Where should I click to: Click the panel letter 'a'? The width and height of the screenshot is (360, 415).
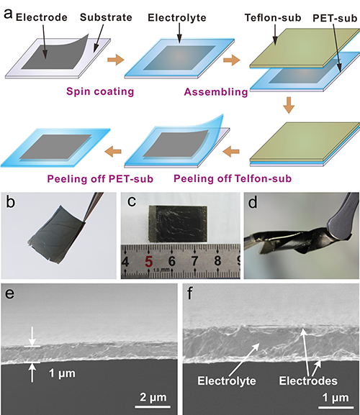[x=8, y=14]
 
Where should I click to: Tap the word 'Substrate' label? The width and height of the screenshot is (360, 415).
[x=106, y=17]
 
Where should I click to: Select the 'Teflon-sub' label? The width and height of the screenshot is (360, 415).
[x=273, y=18]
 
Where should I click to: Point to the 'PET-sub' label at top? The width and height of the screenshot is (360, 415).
[x=335, y=18]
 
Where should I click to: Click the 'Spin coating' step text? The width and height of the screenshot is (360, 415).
[x=100, y=91]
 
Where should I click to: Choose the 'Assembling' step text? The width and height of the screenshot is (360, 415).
[x=216, y=92]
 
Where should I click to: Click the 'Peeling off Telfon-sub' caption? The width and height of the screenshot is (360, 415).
[x=233, y=178]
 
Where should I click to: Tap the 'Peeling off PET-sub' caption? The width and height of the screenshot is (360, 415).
[x=100, y=179]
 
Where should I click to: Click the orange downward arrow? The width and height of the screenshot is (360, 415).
[x=289, y=105]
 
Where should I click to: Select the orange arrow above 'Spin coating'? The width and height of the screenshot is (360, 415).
[x=115, y=60]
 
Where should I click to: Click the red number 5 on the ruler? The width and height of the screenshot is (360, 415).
[x=149, y=262]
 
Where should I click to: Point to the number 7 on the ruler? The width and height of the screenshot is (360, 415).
[x=194, y=261]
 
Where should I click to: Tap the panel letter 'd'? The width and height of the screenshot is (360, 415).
[x=253, y=203]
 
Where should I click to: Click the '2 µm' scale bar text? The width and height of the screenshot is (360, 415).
[x=153, y=397]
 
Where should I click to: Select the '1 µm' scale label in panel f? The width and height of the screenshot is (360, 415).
[x=336, y=398]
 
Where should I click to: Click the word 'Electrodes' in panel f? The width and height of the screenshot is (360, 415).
[x=308, y=381]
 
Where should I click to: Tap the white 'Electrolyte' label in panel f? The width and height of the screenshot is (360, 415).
[x=227, y=381]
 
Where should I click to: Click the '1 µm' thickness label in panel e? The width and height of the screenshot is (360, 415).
[x=62, y=373]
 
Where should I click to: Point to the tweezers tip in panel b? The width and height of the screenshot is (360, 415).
[x=84, y=221]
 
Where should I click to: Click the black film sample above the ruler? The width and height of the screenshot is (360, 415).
[x=178, y=224]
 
